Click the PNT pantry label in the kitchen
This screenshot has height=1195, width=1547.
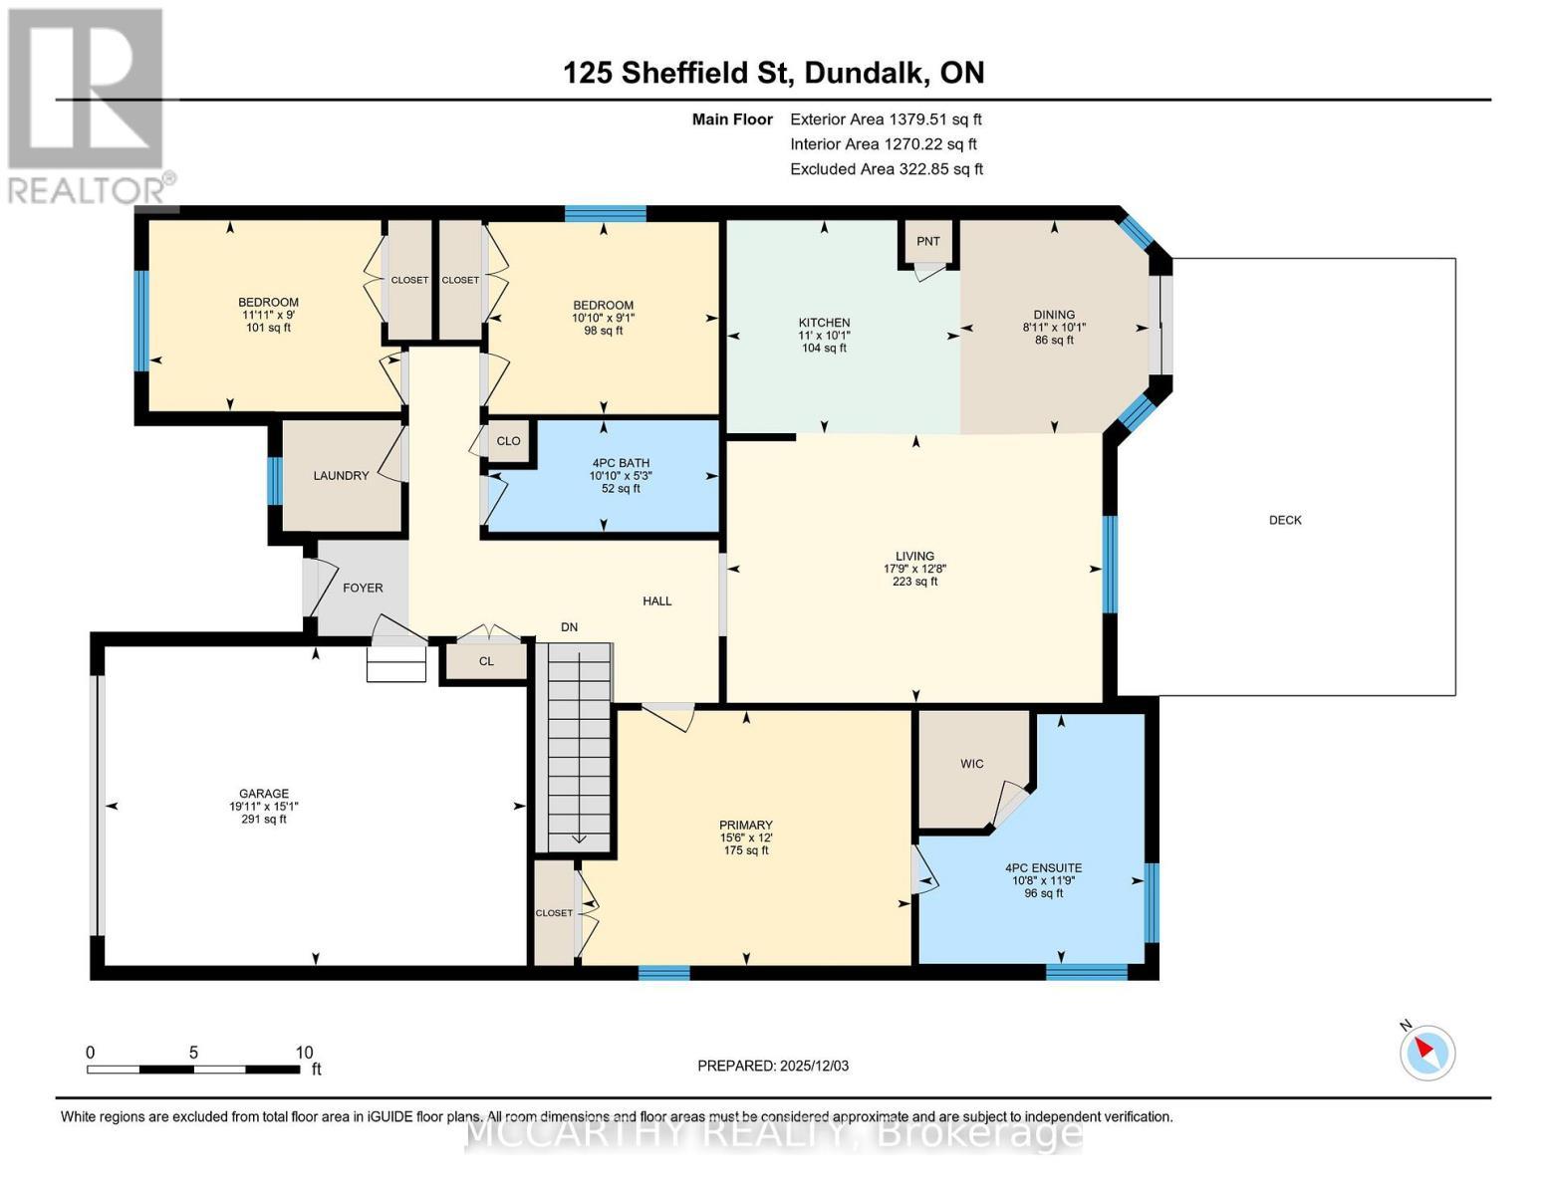[x=927, y=241]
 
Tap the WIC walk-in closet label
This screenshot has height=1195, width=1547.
[x=971, y=764]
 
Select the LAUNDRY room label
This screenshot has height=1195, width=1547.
[x=341, y=476]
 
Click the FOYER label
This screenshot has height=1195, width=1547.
[x=363, y=589]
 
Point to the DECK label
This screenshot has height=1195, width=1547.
[x=1285, y=520]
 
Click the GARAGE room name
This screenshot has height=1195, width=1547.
[x=263, y=794]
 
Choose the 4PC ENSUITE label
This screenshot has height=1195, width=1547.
[x=1043, y=868]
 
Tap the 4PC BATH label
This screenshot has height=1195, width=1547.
[x=620, y=463]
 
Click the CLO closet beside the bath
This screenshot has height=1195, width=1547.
[x=508, y=441]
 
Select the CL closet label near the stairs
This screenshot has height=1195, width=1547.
[x=486, y=661]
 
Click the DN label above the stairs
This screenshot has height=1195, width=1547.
[x=569, y=627]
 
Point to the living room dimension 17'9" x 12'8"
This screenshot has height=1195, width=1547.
[x=914, y=570]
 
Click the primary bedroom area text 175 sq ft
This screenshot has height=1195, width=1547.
[x=745, y=850]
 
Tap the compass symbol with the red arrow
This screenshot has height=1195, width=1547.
[x=1427, y=1052]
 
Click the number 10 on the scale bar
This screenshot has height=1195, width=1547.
[x=304, y=1053]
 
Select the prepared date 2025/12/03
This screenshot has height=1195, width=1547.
[x=772, y=1066]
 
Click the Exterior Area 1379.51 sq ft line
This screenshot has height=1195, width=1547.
[x=886, y=119]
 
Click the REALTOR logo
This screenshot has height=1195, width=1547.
[x=87, y=105]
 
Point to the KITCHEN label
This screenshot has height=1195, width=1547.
[x=824, y=323]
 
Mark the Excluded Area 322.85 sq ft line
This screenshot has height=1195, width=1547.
[x=886, y=169]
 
